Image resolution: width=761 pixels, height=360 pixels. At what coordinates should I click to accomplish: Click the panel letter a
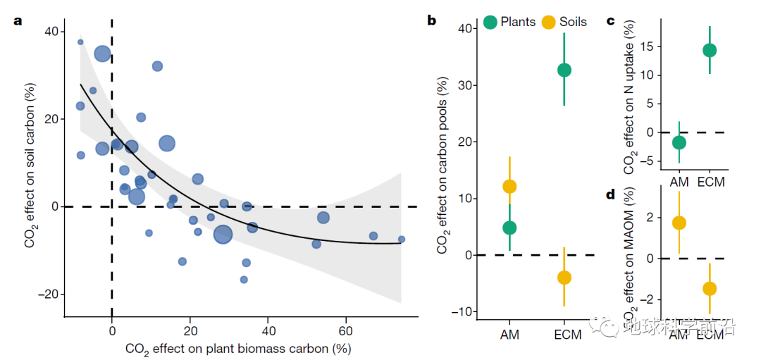pyautogui.click(x=18, y=20)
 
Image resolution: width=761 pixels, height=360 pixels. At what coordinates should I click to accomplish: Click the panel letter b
pyautogui.click(x=432, y=20)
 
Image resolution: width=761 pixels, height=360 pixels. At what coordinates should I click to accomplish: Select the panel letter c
pyautogui.click(x=611, y=20)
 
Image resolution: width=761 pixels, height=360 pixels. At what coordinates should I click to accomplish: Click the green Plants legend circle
pyautogui.click(x=490, y=22)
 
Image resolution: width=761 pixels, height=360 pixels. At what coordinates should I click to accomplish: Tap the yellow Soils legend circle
pyautogui.click(x=549, y=22)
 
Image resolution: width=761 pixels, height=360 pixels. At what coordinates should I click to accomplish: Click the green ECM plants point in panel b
pyautogui.click(x=564, y=70)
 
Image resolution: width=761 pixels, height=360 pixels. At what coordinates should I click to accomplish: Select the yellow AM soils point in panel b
pyautogui.click(x=509, y=187)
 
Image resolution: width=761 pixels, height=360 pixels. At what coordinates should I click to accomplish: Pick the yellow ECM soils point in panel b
pyautogui.click(x=564, y=278)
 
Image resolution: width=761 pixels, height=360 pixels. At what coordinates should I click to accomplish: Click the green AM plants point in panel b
pyautogui.click(x=509, y=228)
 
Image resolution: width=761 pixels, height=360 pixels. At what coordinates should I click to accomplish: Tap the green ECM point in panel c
pyautogui.click(x=709, y=50)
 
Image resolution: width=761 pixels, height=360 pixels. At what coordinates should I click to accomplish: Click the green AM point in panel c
pyautogui.click(x=679, y=142)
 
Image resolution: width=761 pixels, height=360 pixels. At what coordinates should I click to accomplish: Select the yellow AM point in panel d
pyautogui.click(x=679, y=223)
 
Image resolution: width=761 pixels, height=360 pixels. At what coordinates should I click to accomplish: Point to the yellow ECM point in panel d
pyautogui.click(x=709, y=288)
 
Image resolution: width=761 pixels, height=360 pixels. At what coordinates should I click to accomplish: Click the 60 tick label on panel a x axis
pyautogui.click(x=346, y=330)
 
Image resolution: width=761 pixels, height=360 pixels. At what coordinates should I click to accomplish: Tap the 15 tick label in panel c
pyautogui.click(x=648, y=46)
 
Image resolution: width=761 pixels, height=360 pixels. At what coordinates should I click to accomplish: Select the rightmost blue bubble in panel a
pyautogui.click(x=402, y=239)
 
